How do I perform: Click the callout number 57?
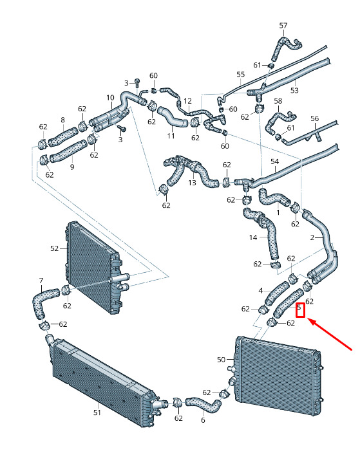coord(283,26)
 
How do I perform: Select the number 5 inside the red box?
coord(299,308)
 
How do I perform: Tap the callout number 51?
coord(97,413)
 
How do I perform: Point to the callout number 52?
coord(54,248)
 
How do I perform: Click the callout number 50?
coord(221,360)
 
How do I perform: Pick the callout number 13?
coord(192,183)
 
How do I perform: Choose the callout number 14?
coord(253,237)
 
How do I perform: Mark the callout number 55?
coord(241,74)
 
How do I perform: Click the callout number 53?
coord(294,91)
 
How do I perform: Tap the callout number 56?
coord(314,118)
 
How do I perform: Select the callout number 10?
coord(110,98)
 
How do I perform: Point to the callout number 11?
coord(171,136)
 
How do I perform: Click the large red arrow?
coord(330,335)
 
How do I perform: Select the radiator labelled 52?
coord(93,268)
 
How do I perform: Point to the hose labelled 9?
coord(68,151)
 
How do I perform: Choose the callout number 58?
coord(278,101)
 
